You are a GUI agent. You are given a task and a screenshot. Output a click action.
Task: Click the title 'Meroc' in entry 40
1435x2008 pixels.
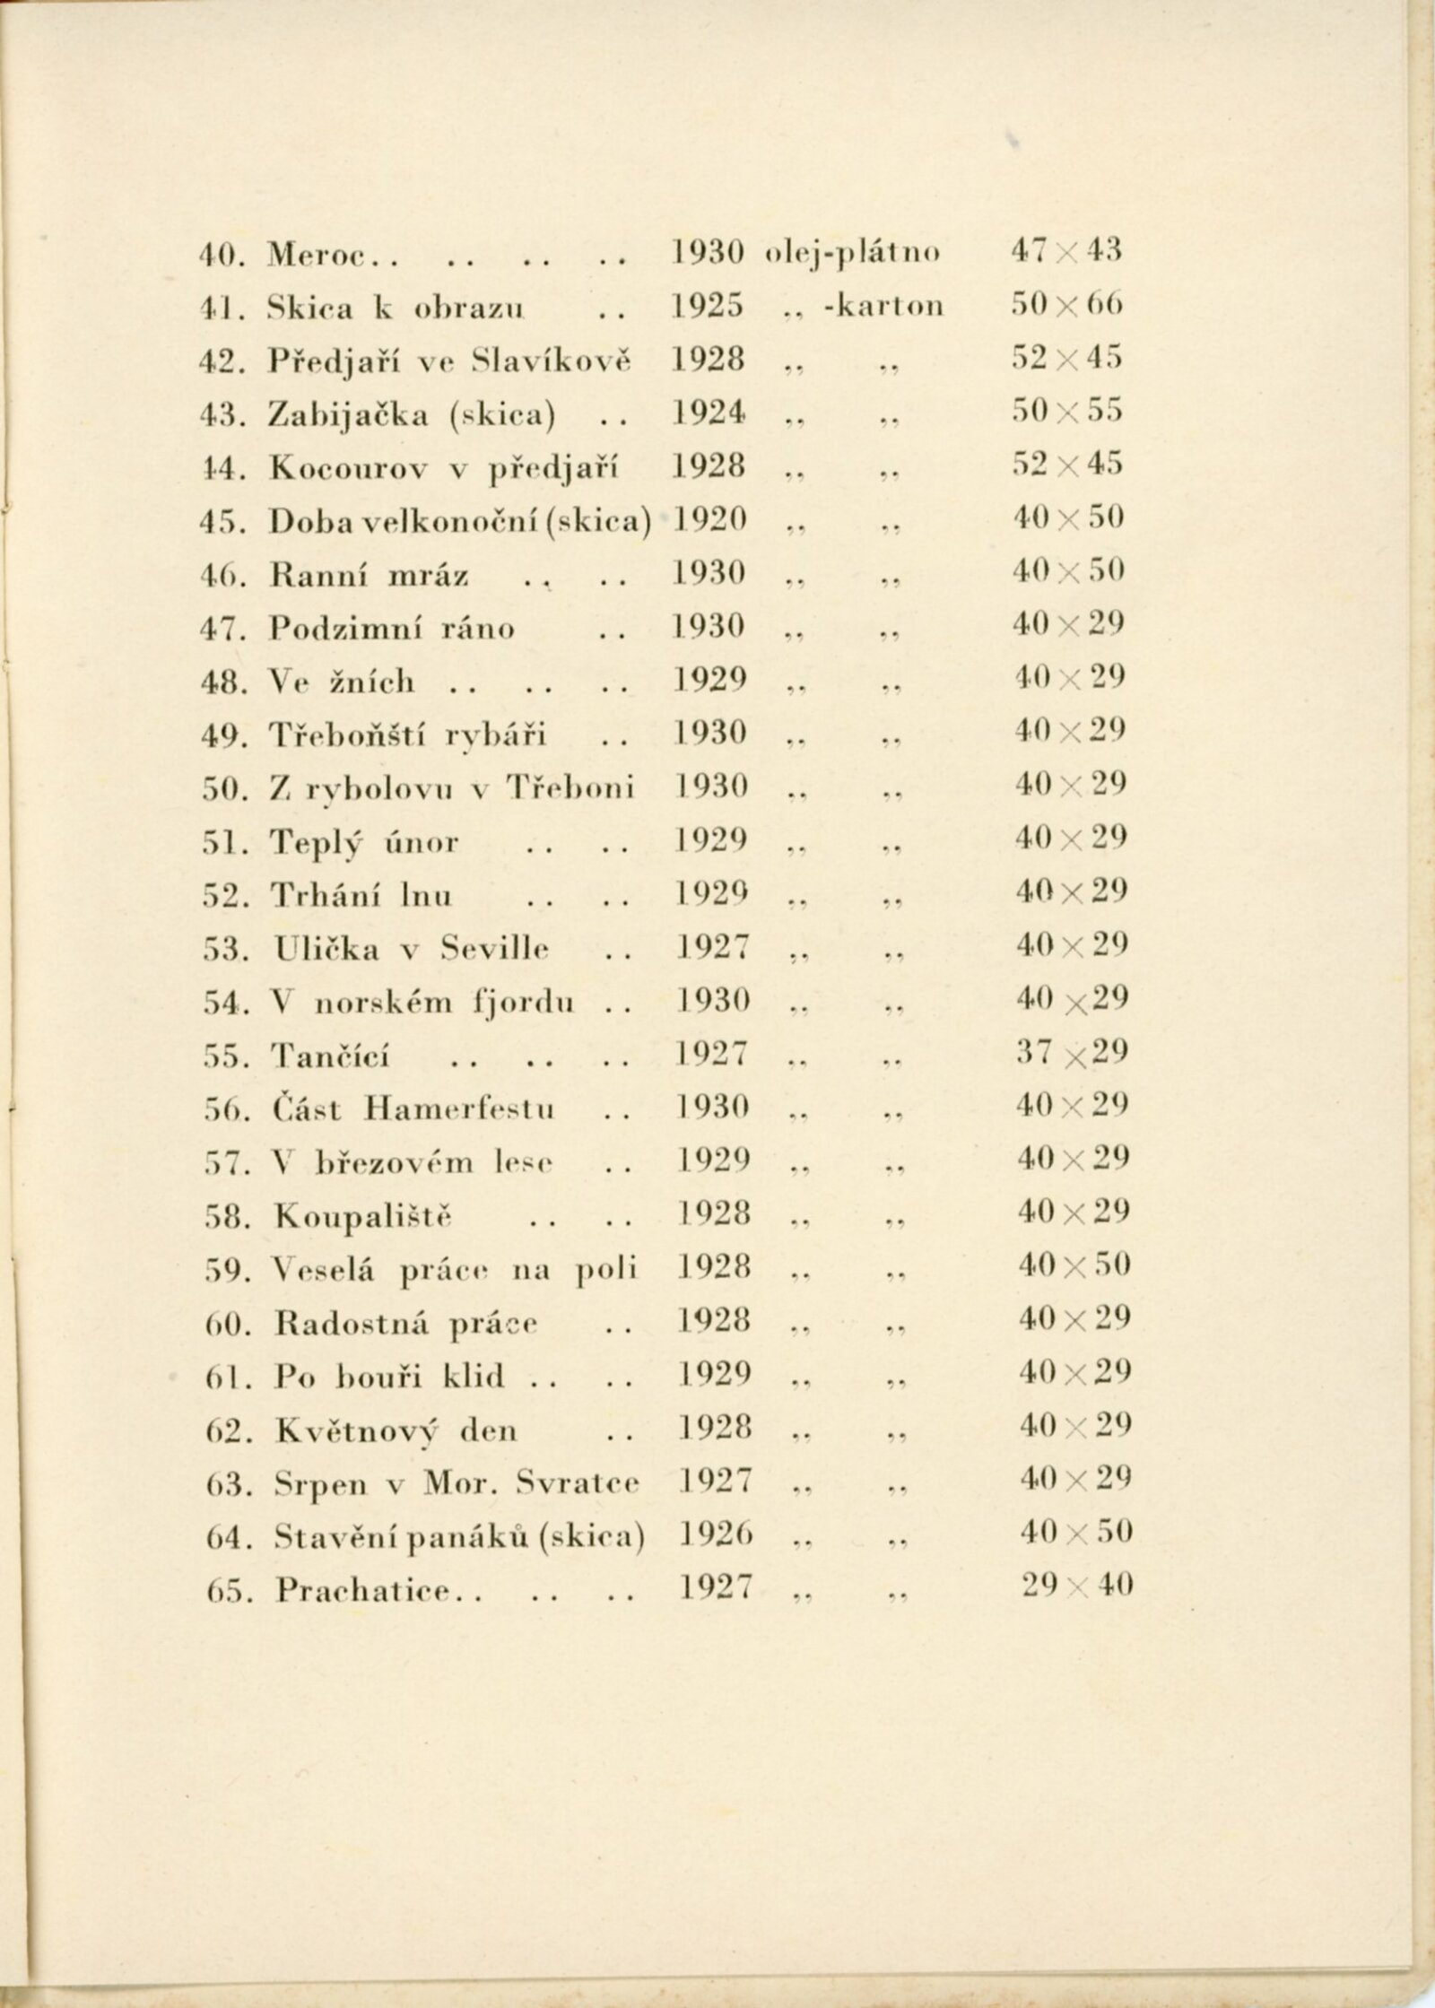313,255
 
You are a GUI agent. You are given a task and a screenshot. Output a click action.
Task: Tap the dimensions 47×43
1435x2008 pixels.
1066,253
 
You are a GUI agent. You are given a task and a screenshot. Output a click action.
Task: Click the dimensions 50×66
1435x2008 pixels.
1067,306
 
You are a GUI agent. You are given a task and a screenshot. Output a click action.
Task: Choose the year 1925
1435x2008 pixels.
709,306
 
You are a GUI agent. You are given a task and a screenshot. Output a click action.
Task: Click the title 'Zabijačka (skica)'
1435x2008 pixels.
412,413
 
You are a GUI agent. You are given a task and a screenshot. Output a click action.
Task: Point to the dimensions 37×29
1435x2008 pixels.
1072,1053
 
